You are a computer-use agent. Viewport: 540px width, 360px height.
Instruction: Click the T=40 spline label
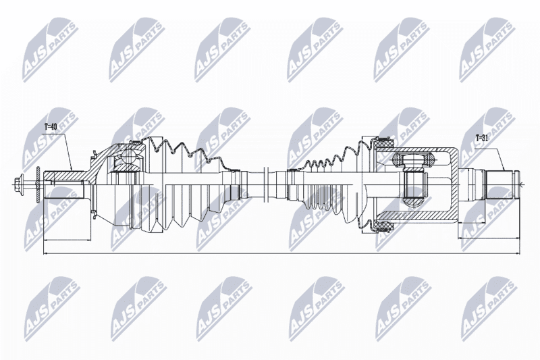tap(50, 127)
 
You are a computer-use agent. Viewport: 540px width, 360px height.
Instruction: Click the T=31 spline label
tap(482, 139)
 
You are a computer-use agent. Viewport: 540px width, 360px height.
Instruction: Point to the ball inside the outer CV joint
tap(128, 158)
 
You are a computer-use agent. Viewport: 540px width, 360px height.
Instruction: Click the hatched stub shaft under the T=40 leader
tap(66, 176)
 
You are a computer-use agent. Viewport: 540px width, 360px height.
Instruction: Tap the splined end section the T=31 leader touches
tap(499, 184)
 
